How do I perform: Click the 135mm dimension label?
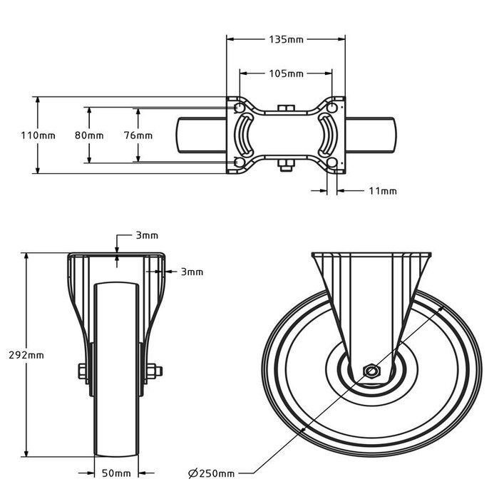[285, 40]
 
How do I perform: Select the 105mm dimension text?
[286, 73]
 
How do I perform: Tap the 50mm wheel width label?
[117, 473]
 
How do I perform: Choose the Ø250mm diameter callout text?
[211, 473]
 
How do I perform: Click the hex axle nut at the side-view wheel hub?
[371, 371]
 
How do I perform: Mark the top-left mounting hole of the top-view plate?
[238, 108]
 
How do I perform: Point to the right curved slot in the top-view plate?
[326, 135]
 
